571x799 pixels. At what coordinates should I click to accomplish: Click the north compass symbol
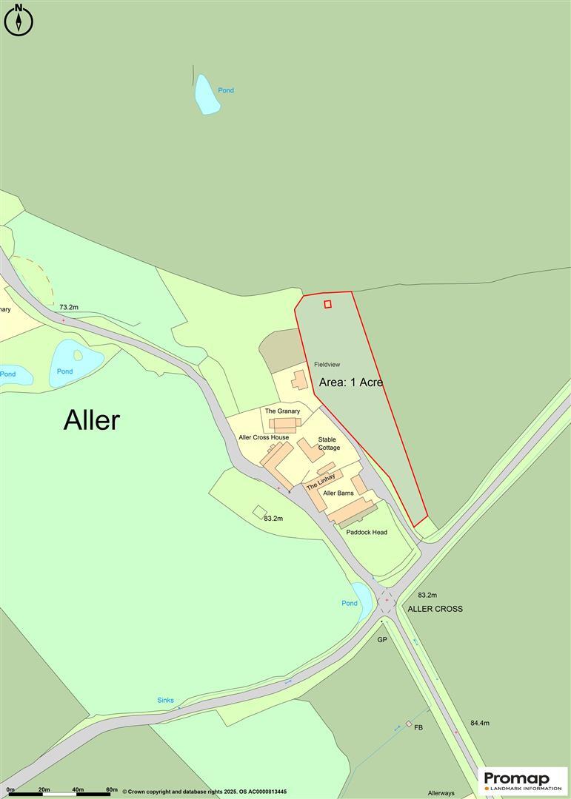pyautogui.click(x=19, y=20)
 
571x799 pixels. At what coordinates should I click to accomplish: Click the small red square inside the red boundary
pyautogui.click(x=327, y=303)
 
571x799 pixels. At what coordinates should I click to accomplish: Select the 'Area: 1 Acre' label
pyautogui.click(x=351, y=383)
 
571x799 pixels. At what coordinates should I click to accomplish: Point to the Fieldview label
pyautogui.click(x=327, y=365)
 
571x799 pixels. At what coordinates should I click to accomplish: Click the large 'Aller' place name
pyautogui.click(x=91, y=420)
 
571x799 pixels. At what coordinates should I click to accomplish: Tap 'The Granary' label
pyautogui.click(x=282, y=411)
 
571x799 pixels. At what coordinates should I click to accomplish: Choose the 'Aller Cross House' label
pyautogui.click(x=264, y=437)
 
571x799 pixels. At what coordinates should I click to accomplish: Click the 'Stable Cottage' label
pyautogui.click(x=329, y=444)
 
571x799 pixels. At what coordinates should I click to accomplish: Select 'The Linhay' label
pyautogui.click(x=321, y=480)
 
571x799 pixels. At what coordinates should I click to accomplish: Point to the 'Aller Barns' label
pyautogui.click(x=338, y=493)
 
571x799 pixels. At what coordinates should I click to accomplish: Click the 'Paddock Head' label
pyautogui.click(x=367, y=532)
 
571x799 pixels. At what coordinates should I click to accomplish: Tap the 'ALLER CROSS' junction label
pyautogui.click(x=435, y=609)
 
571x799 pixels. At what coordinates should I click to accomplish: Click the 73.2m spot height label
pyautogui.click(x=69, y=307)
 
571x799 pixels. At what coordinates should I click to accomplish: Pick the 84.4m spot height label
pyautogui.click(x=480, y=723)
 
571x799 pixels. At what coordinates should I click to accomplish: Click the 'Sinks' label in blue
pyautogui.click(x=165, y=700)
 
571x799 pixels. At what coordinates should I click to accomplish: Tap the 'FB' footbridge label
pyautogui.click(x=418, y=728)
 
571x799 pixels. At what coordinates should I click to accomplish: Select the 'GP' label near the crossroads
pyautogui.click(x=382, y=639)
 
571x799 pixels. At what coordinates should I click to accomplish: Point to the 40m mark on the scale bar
pyautogui.click(x=78, y=790)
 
